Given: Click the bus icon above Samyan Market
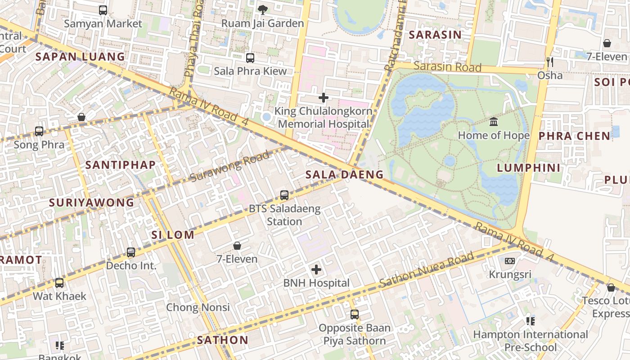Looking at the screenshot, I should (x=103, y=10).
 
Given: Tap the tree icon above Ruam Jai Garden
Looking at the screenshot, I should (x=263, y=9).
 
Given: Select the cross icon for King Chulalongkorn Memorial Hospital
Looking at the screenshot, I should (x=323, y=97).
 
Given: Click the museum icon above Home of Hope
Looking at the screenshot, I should (x=494, y=121).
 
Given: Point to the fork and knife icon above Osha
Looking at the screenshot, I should (x=549, y=62).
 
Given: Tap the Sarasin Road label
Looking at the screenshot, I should (x=447, y=67).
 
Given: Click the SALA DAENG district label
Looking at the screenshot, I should (x=344, y=175).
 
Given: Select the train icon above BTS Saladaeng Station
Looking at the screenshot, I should (x=284, y=195).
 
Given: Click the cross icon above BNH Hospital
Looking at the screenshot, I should (x=316, y=270).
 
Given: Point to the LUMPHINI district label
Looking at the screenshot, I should (x=529, y=168).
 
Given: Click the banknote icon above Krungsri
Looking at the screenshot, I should (x=509, y=261).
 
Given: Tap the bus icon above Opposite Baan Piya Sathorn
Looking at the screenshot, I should (x=355, y=314).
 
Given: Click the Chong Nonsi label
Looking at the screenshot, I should (x=198, y=307).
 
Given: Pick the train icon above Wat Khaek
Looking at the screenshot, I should (x=59, y=283).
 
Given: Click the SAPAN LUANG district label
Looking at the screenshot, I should (x=80, y=57).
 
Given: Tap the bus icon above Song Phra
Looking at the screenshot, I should (x=39, y=131).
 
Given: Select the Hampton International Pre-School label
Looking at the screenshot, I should (x=531, y=341).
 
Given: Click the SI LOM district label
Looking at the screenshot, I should (x=173, y=235).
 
